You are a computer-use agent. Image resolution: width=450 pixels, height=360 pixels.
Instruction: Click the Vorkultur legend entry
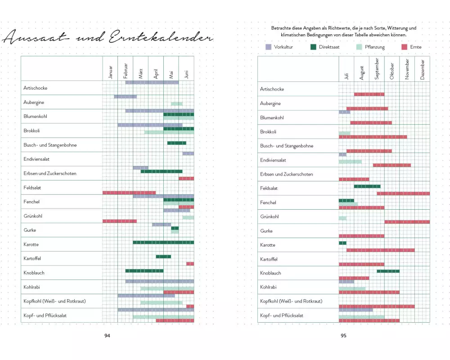[280, 47]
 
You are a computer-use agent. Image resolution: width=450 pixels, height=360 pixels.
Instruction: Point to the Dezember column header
[423, 70]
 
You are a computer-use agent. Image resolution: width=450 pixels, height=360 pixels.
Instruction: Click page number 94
[107, 335]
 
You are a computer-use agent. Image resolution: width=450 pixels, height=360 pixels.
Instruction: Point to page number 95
[343, 335]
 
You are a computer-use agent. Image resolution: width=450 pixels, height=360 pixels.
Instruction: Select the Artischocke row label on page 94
[35, 88]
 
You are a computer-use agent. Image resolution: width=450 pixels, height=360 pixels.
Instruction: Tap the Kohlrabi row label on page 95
[268, 287]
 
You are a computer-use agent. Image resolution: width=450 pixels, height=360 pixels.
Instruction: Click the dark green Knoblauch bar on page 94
[144, 271]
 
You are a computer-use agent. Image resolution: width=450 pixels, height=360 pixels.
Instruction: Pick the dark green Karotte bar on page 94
[163, 243]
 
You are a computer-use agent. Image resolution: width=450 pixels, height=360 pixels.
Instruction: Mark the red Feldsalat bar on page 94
[129, 193]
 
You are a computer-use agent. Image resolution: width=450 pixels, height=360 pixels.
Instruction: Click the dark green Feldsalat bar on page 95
[367, 186]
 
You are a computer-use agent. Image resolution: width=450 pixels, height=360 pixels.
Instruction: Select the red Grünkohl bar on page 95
[407, 222]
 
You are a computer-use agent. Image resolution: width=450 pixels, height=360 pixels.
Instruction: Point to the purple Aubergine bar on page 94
[125, 96]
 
